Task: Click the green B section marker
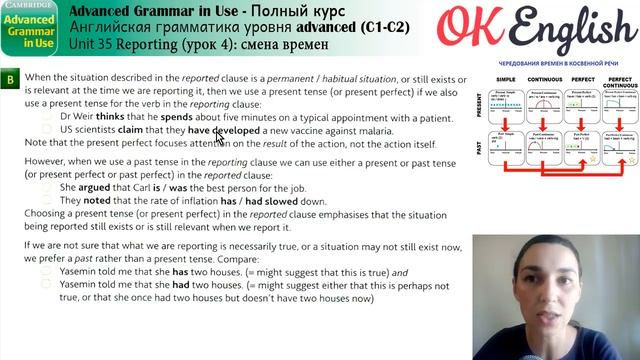click(10, 78)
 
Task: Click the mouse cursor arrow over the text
click(219, 137)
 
